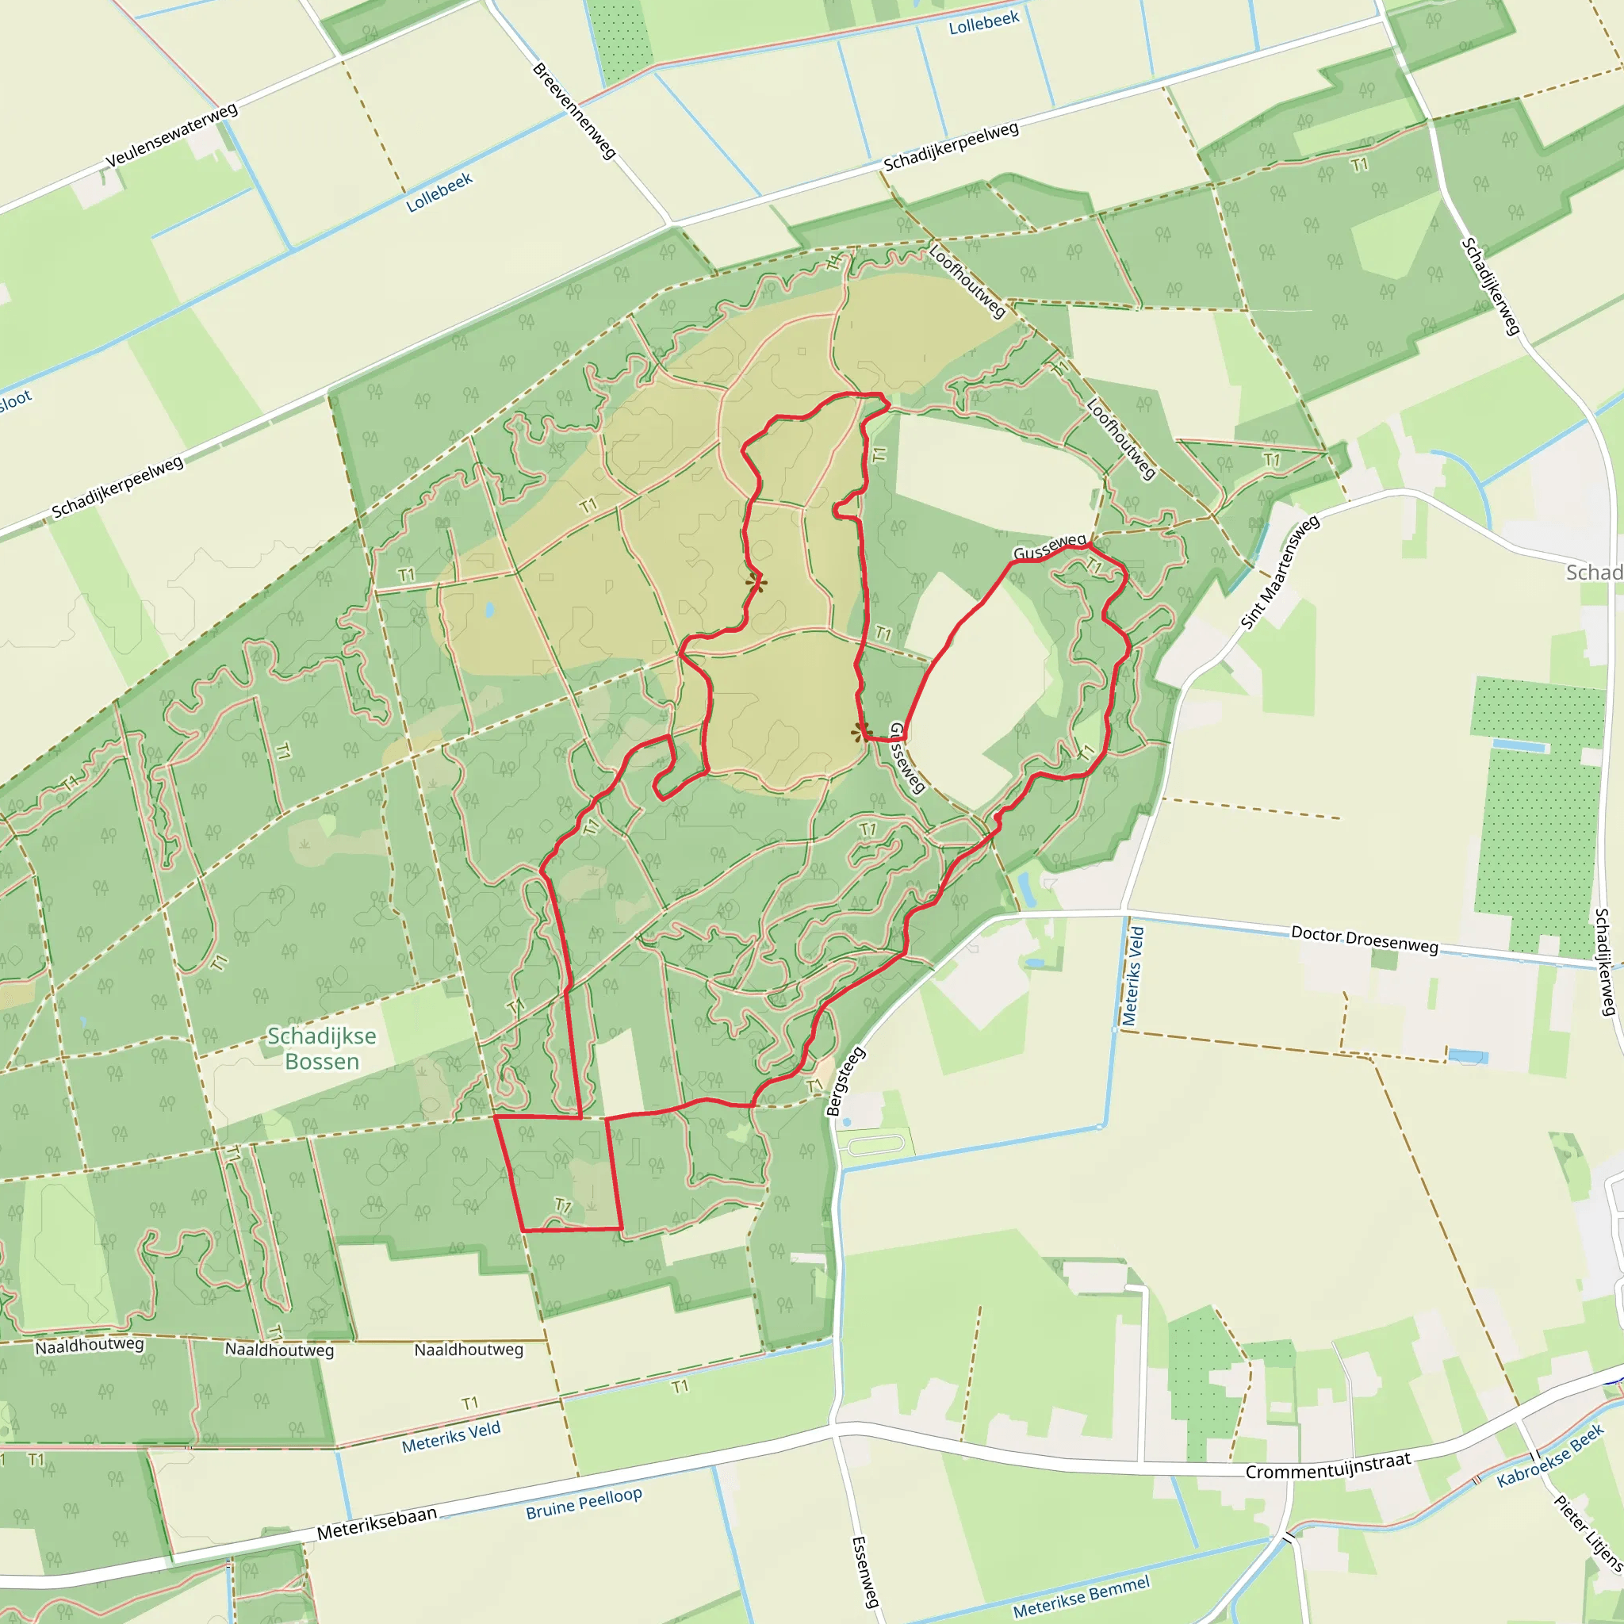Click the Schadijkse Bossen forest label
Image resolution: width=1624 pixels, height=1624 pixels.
coord(322,1048)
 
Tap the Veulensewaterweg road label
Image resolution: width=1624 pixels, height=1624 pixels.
coord(171,136)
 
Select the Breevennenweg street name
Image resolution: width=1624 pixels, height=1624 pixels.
coord(575,111)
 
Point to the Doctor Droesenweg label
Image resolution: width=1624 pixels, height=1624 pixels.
coord(1364,939)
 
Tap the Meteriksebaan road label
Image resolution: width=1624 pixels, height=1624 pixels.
coord(377,1522)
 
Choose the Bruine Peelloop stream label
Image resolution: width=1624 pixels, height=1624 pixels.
coord(584,1503)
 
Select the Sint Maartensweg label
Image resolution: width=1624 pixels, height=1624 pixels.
coord(1280,572)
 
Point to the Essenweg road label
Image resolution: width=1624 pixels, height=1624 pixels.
coord(865,1572)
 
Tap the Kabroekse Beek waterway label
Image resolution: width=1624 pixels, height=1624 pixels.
coord(1550,1456)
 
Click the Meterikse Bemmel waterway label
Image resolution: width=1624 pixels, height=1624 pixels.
coord(1081,1597)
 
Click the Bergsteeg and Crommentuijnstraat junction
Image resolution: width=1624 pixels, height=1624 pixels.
coord(835,1424)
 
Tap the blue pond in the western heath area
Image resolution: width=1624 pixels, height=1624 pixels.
coord(489,608)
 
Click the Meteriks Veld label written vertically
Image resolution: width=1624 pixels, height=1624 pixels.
coord(1133,975)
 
